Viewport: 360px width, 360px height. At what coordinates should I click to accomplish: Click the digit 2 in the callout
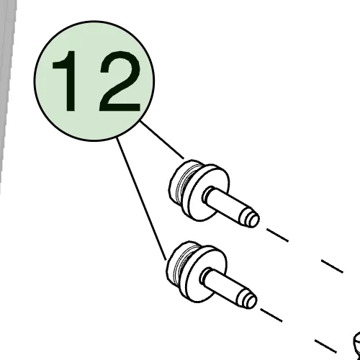(x=120, y=81)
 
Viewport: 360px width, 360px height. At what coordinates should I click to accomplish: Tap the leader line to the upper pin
(x=162, y=140)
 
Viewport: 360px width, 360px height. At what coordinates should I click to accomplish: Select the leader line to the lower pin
(x=141, y=199)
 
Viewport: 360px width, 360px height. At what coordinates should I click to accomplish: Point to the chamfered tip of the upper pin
(x=250, y=218)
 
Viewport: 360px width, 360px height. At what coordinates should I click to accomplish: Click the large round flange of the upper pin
(x=205, y=192)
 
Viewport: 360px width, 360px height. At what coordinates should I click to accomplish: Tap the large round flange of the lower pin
(x=203, y=274)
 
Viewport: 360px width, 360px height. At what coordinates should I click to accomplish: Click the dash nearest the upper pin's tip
(x=278, y=235)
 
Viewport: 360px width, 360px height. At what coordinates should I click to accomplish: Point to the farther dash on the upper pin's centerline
(x=333, y=266)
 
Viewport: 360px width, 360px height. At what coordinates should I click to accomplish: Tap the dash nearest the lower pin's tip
(x=271, y=315)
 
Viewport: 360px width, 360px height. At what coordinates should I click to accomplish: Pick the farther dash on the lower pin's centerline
(x=325, y=346)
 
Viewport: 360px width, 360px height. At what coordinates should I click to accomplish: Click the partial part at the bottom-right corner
(x=357, y=346)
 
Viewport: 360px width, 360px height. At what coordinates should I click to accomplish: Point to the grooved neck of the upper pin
(x=184, y=185)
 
